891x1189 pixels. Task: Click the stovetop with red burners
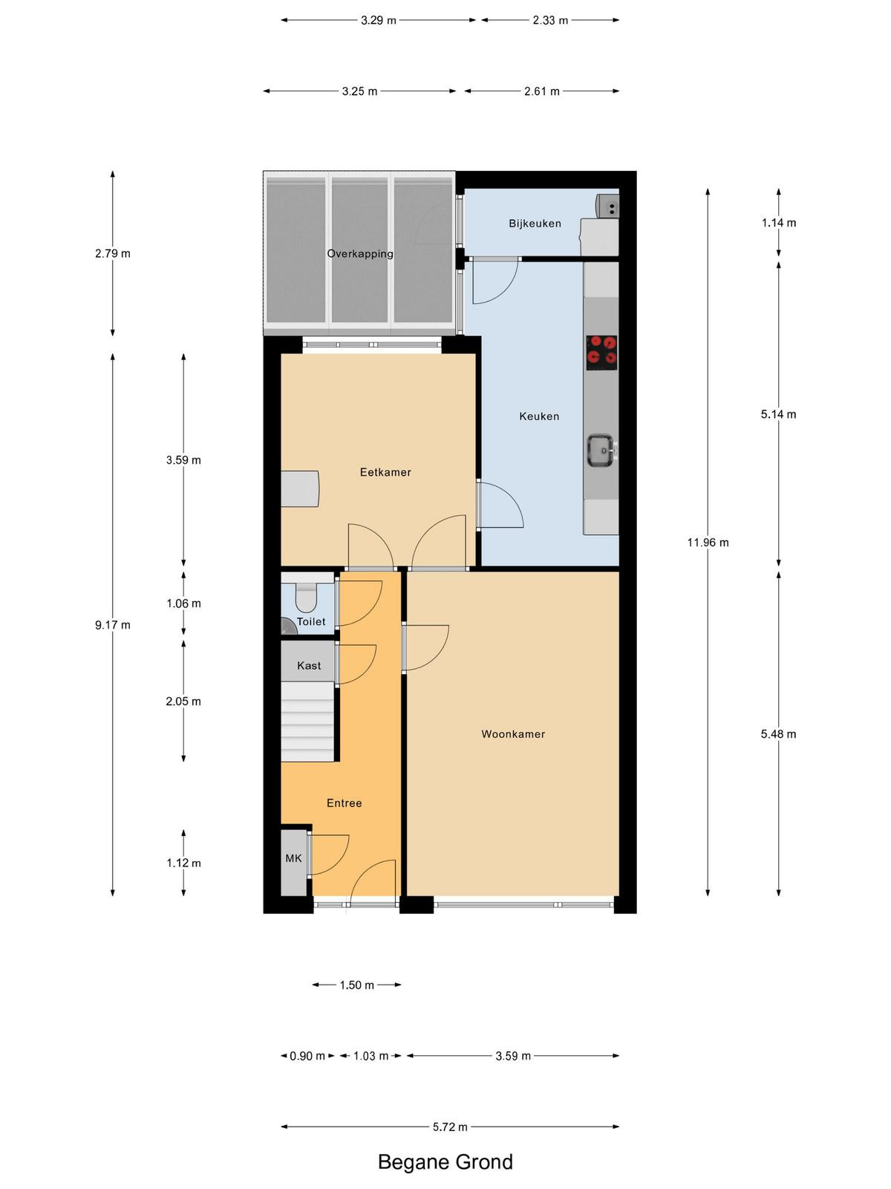coord(601,353)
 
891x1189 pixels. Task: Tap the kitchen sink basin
coord(601,450)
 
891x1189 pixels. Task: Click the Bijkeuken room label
coord(535,223)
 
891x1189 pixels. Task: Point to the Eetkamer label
coord(385,472)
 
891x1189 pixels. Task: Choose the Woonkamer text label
coord(513,734)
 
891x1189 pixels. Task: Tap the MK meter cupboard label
coord(293,858)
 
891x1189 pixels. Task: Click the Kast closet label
coord(309,666)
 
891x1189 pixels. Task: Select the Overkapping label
coord(360,253)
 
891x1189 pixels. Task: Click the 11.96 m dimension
coord(708,542)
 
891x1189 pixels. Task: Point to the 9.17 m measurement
coord(113,625)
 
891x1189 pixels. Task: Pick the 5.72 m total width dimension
coord(449,1127)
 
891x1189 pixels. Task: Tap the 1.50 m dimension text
coord(356,985)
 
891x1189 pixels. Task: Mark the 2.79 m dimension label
coord(113,253)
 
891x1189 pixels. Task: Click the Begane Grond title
coord(446,1162)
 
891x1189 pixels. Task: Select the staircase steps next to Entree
coord(307,722)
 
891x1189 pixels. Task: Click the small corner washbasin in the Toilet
coord(288,626)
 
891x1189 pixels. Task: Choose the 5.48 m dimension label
coord(778,734)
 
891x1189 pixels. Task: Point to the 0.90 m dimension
coord(307,1056)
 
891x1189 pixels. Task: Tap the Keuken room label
coord(539,416)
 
